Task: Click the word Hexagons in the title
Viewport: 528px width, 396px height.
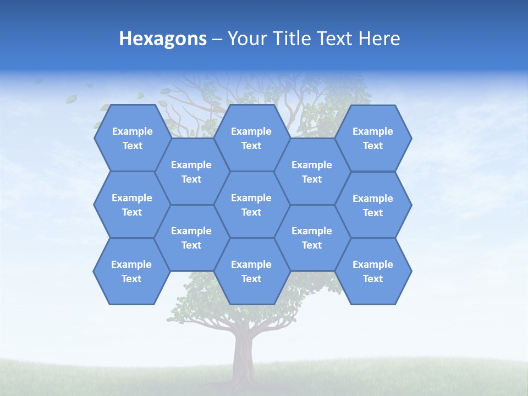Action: click(x=163, y=38)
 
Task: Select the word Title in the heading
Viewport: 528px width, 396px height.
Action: click(x=293, y=38)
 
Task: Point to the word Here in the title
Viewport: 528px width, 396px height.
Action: click(x=380, y=38)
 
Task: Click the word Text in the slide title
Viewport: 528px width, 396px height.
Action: click(x=336, y=38)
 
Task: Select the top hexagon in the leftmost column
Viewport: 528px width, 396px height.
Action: click(x=133, y=138)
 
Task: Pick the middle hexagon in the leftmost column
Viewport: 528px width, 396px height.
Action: click(x=132, y=205)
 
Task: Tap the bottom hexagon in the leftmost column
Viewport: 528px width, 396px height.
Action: click(x=131, y=271)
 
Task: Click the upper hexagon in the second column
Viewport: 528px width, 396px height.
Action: click(x=191, y=172)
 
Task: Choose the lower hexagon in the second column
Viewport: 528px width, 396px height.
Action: click(x=191, y=238)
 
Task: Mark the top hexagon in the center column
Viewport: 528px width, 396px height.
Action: click(x=251, y=138)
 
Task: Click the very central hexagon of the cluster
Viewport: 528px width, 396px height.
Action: click(x=251, y=205)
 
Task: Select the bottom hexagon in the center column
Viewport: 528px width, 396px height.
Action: click(x=251, y=271)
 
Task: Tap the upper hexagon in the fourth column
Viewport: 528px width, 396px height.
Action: click(x=312, y=172)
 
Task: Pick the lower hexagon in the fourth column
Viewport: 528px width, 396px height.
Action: click(x=312, y=238)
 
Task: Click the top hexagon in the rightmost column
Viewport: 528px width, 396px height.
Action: click(x=373, y=138)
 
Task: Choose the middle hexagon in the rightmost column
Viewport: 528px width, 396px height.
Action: click(x=373, y=205)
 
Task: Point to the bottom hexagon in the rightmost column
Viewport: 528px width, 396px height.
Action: click(x=373, y=271)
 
